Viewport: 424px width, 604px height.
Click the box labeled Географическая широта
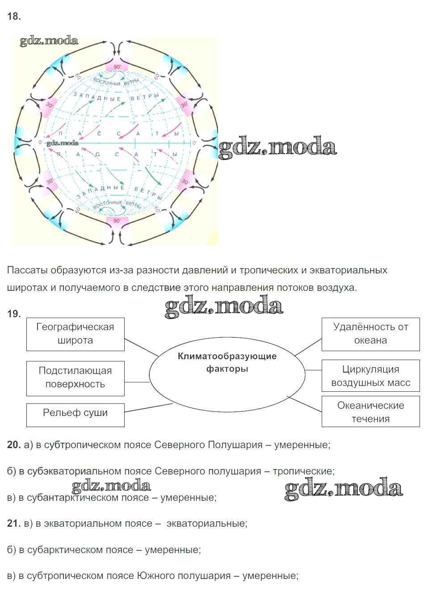75,334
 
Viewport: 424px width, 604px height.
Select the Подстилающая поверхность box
75,377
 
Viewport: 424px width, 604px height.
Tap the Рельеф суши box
75,413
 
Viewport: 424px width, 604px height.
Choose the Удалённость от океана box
370,334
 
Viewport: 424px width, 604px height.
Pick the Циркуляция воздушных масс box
370,376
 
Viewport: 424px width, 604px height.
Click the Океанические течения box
370,412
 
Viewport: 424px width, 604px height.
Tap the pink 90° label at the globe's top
117,67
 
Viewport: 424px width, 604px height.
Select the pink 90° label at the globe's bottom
117,221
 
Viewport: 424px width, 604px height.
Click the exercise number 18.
14,17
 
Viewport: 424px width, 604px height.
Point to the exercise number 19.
14,314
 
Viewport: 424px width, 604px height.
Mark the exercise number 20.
14,445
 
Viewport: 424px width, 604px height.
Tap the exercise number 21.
14,524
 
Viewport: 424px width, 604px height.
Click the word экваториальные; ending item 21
206,524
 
